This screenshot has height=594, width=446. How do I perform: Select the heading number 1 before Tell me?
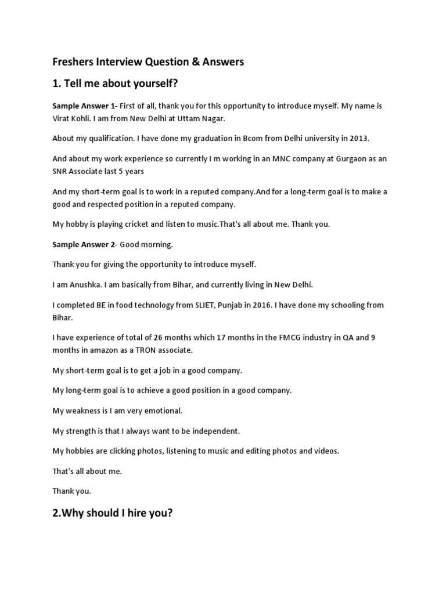tap(56, 84)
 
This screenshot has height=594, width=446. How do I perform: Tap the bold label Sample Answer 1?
tap(84, 106)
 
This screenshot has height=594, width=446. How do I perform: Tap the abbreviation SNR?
tap(61, 171)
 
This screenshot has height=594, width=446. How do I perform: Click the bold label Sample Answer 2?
tap(84, 244)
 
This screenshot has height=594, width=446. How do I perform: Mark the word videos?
tap(325, 451)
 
